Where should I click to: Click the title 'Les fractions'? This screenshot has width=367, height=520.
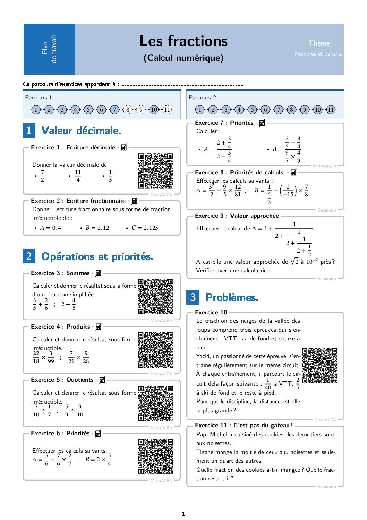pos(183,41)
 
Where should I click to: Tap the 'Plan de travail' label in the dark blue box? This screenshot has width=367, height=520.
pos(49,49)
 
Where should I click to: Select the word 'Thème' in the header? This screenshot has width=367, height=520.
pos(319,43)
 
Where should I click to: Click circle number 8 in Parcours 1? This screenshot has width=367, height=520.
pos(128,110)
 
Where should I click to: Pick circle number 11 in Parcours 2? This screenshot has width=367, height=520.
pos(331,110)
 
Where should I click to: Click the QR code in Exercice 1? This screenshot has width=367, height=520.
pos(156,171)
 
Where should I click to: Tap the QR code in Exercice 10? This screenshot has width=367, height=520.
pos(319,366)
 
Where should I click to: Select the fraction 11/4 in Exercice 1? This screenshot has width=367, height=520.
pos(78,176)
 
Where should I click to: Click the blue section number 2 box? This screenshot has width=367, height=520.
pos(29,256)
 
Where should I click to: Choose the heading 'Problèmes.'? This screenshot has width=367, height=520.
pos(232,297)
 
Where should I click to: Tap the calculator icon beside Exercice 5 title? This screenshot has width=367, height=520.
pos(102,380)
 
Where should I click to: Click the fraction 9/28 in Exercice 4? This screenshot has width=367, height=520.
pos(86,357)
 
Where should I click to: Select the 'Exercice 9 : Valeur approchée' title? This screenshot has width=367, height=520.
pos(237,216)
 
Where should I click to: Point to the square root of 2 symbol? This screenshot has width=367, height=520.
pos(295,261)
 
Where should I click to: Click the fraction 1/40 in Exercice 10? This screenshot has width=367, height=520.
pos(268,384)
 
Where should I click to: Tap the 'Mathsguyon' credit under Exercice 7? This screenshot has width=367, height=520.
pos(324,166)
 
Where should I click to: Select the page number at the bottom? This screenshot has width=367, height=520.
pos(183,514)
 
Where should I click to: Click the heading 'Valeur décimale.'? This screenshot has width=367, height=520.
pos(81,131)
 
